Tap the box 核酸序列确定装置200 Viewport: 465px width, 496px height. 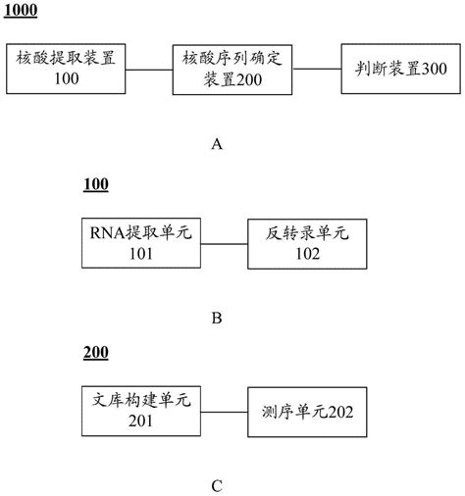pyautogui.click(x=232, y=68)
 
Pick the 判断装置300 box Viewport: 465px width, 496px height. pyautogui.click(x=397, y=69)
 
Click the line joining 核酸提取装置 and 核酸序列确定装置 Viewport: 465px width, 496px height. pyautogui.click(x=149, y=69)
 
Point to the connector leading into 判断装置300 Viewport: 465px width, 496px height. pyautogui.click(x=318, y=69)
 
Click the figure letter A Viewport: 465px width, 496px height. pyautogui.click(x=218, y=144)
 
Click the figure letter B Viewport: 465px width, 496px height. pyautogui.click(x=218, y=318)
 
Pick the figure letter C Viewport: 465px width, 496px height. pyautogui.click(x=218, y=484)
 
